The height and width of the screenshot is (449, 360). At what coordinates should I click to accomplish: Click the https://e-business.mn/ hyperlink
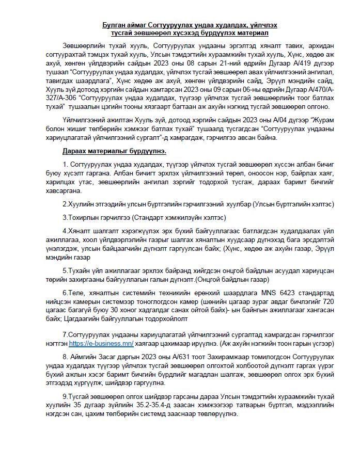click(x=101, y=343)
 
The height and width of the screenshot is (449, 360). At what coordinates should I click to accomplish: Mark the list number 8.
click(x=65, y=357)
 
